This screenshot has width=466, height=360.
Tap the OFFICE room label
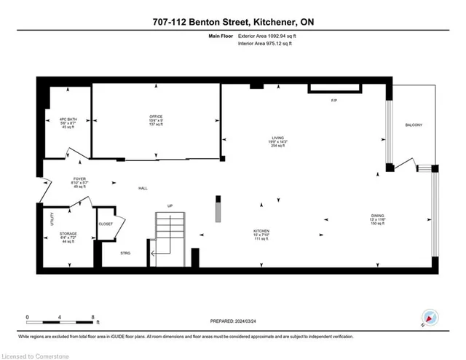tap(155, 117)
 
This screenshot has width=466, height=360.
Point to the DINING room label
tap(376, 215)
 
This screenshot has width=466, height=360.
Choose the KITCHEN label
tap(261, 230)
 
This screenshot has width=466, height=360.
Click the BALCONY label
tap(414, 125)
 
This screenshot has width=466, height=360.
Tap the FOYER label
tap(79, 179)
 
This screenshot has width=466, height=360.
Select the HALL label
tap(143, 189)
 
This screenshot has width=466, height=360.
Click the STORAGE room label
tap(68, 234)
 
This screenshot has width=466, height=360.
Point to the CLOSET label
tap(106, 224)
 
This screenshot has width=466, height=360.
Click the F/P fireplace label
tap(333, 100)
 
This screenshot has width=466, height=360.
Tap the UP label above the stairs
tap(170, 205)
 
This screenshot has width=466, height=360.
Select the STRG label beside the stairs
tap(126, 252)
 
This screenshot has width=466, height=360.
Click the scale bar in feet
tap(61, 318)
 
